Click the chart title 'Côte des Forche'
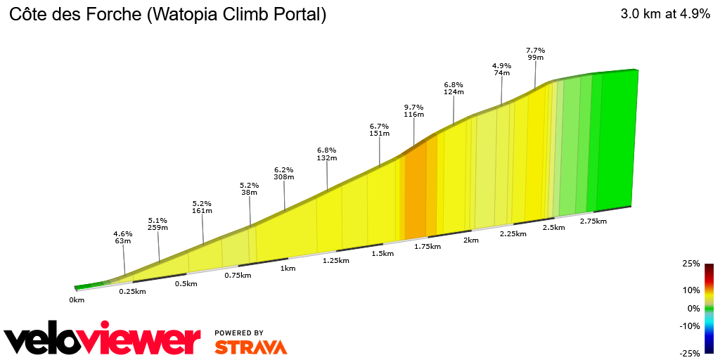[167, 15]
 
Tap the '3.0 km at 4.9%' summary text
[664, 15]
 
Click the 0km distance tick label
[77, 300]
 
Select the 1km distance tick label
[288, 268]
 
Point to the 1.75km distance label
[427, 246]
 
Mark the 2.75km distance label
[593, 221]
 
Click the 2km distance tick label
[470, 240]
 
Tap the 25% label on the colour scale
[690, 264]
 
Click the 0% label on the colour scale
[693, 308]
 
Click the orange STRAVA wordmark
[250, 347]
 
